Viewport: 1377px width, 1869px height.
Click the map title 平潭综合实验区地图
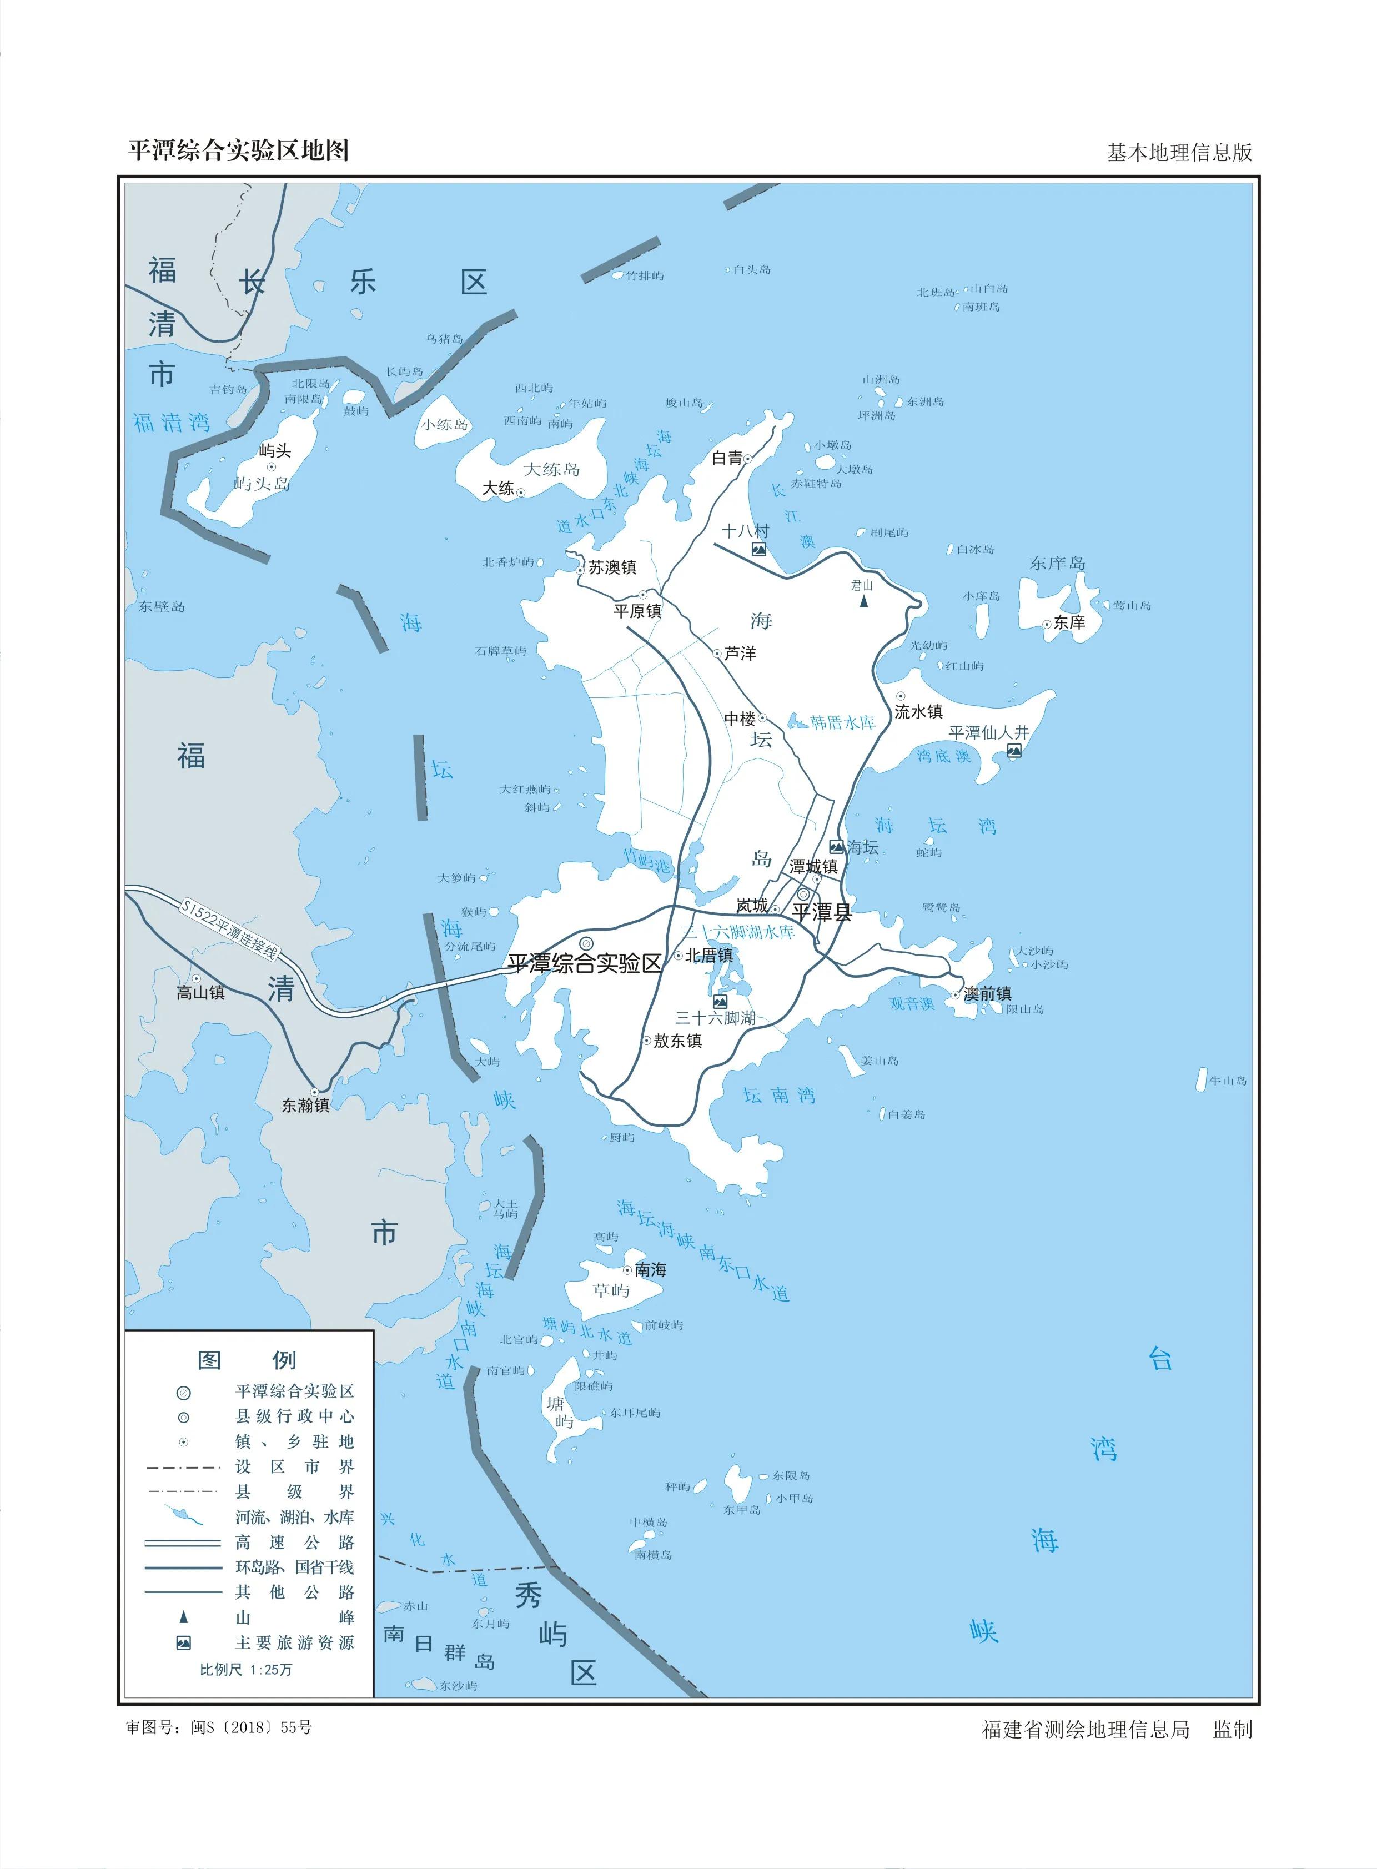pyautogui.click(x=238, y=151)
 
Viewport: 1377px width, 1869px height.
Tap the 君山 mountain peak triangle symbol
pyautogui.click(x=865, y=600)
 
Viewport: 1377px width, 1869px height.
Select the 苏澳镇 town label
pyautogui.click(x=612, y=567)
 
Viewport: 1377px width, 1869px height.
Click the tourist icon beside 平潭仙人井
pyautogui.click(x=1014, y=751)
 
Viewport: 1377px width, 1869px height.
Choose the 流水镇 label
pyautogui.click(x=918, y=711)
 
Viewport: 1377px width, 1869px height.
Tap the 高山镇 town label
pyautogui.click(x=200, y=992)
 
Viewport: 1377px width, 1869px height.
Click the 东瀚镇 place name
pyautogui.click(x=305, y=1106)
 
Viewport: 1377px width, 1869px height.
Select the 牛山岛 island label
pyautogui.click(x=1228, y=1081)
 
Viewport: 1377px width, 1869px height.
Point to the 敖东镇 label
pyautogui.click(x=677, y=1041)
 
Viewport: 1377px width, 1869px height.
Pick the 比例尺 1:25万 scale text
pyautogui.click(x=246, y=1669)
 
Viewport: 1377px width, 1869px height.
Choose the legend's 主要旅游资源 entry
pyautogui.click(x=294, y=1642)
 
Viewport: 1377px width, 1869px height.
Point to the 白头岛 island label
pyautogui.click(x=751, y=269)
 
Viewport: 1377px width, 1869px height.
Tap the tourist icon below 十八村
pyautogui.click(x=758, y=549)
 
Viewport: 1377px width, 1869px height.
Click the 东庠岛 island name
pyautogui.click(x=1057, y=564)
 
